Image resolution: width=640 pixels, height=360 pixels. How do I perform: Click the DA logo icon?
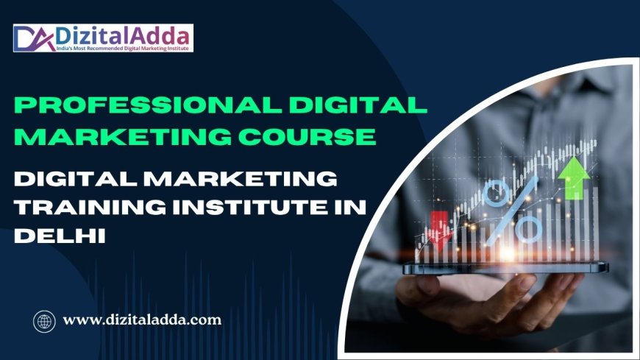click(x=31, y=38)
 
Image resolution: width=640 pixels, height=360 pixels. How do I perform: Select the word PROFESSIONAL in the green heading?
click(x=139, y=105)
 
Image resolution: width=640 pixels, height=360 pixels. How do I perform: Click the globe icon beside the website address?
click(x=44, y=320)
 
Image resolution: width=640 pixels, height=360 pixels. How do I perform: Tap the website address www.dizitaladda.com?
click(x=142, y=320)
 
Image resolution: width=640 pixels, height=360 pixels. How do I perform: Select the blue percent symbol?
click(x=514, y=209)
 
